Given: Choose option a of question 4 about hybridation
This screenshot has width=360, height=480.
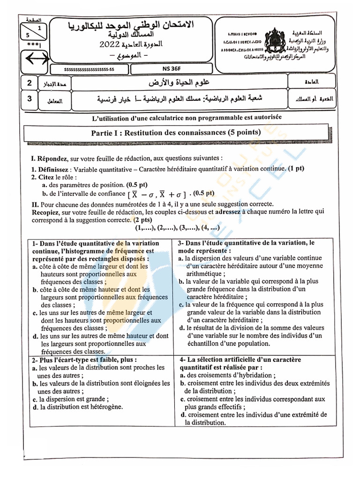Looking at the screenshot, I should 225,375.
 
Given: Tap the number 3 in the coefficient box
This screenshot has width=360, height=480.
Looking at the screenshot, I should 30,99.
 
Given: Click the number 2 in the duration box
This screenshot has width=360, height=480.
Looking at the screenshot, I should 30,83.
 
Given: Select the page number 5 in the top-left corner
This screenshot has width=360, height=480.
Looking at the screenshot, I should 28,35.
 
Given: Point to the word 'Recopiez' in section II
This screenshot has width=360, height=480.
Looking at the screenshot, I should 45,212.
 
